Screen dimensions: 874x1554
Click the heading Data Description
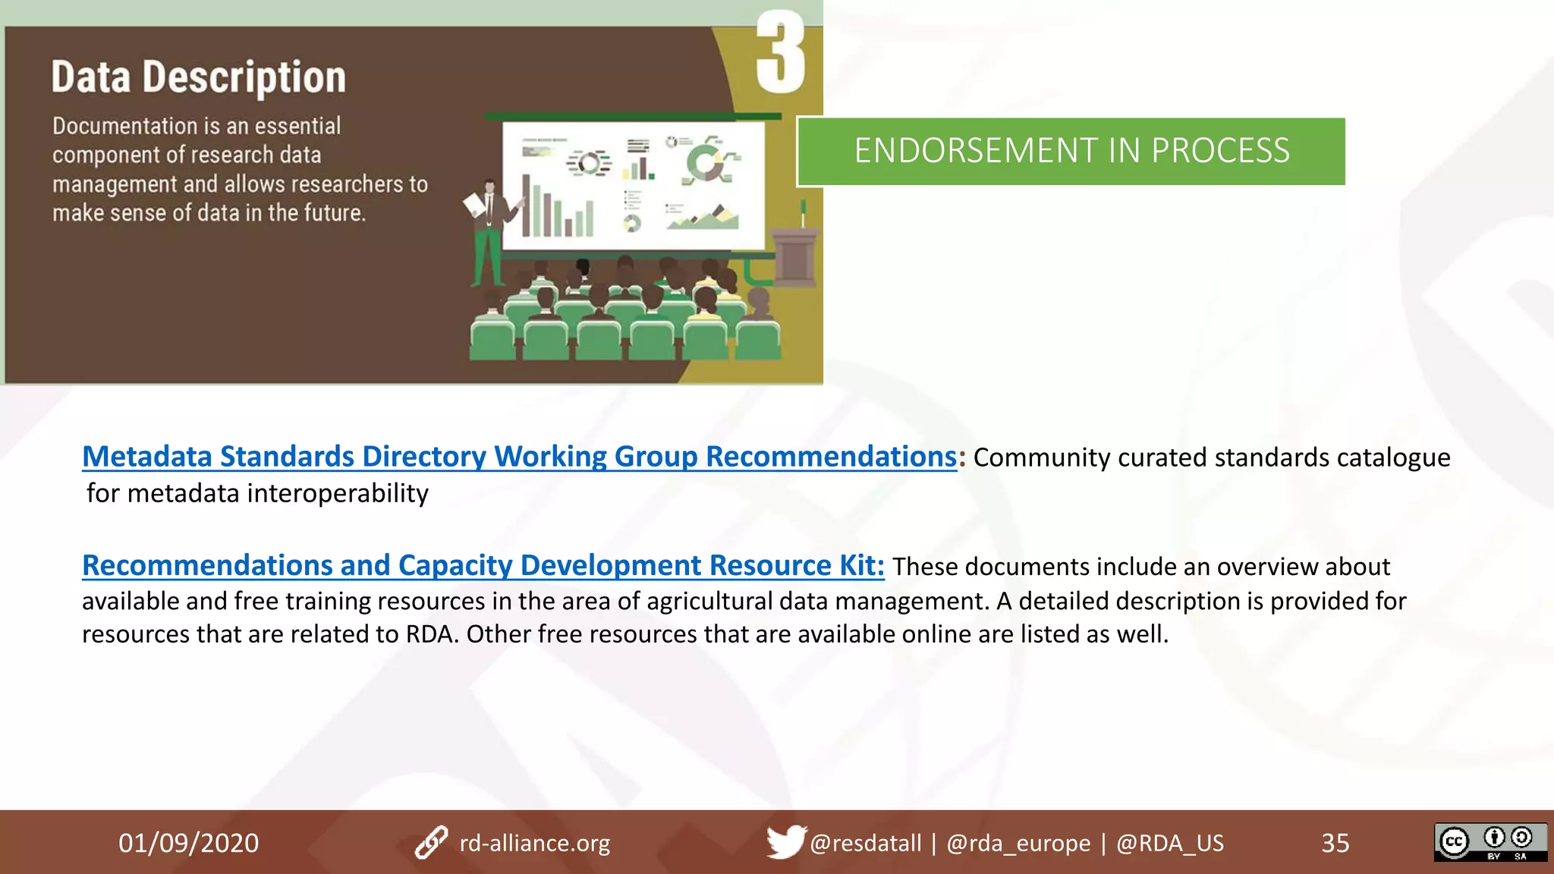(199, 77)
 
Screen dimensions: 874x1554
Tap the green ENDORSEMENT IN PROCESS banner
(1071, 151)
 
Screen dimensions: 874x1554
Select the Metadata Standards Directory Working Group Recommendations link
(519, 457)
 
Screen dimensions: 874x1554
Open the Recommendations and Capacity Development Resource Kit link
(483, 566)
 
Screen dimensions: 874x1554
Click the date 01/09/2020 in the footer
(188, 843)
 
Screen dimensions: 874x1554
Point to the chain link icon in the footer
(431, 843)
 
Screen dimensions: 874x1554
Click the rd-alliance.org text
(534, 843)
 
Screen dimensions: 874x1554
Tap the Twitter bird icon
(785, 841)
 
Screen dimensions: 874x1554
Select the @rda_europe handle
(1018, 843)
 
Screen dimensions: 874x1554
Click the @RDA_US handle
(1169, 843)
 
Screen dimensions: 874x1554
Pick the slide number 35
(1335, 843)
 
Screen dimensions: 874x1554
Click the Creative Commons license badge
(1490, 841)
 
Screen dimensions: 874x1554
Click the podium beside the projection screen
(794, 254)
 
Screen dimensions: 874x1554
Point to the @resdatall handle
(865, 843)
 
